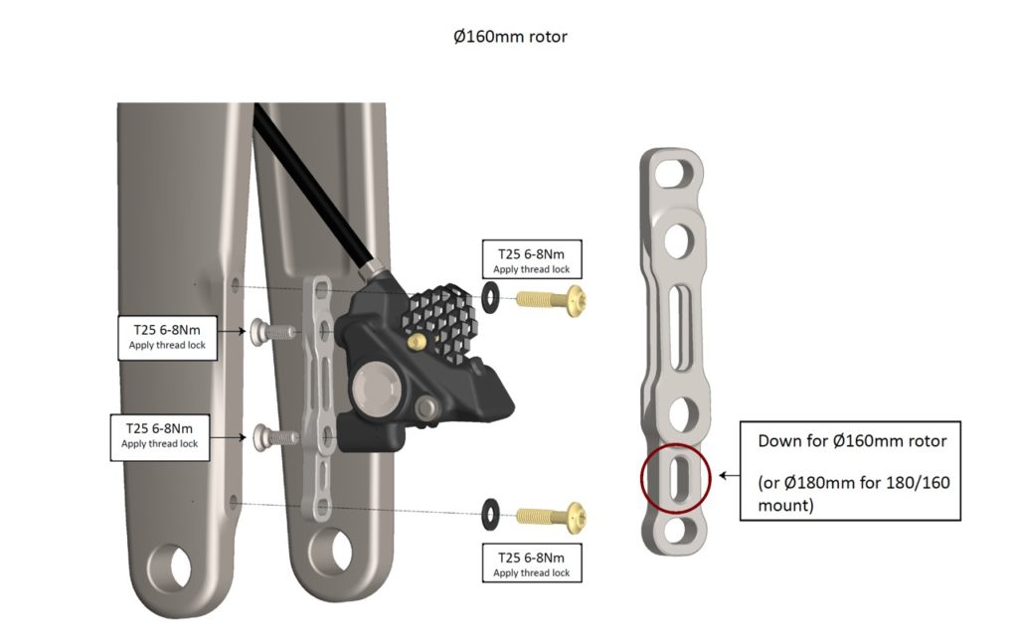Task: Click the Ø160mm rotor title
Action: point(509,37)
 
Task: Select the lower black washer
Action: point(491,514)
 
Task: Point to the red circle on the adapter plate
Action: point(676,476)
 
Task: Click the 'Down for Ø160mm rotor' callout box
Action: point(851,470)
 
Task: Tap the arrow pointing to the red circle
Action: point(728,476)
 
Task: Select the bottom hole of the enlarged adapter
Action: point(676,527)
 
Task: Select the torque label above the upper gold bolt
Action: point(531,258)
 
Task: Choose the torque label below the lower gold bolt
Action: point(531,563)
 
